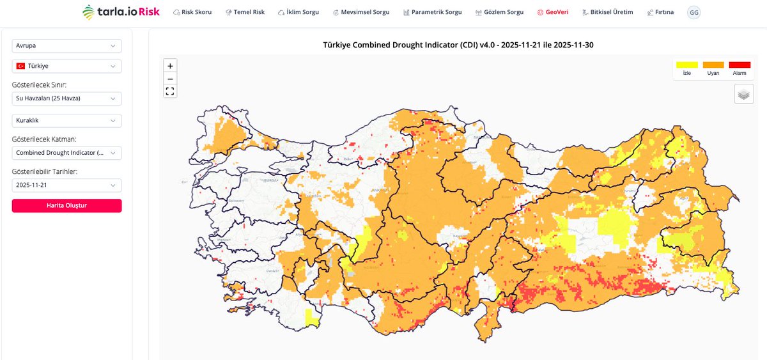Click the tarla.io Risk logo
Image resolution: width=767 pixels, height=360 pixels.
pos(121,12)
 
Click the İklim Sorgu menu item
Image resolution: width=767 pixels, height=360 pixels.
pos(298,12)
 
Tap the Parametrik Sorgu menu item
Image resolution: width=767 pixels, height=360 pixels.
pos(433,12)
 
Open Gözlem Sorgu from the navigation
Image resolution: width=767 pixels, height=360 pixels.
pos(500,12)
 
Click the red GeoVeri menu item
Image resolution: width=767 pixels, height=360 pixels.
pos(553,12)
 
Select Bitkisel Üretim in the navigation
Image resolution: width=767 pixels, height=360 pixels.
pos(608,12)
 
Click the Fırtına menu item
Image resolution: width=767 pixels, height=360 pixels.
pos(660,12)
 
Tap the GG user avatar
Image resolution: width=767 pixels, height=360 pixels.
pos(693,12)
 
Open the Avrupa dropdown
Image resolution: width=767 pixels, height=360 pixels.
pos(66,46)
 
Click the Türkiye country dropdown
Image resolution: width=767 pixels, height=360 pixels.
pos(66,66)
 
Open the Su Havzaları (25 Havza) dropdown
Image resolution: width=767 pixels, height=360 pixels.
pos(66,98)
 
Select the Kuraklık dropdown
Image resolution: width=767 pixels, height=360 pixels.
pos(66,120)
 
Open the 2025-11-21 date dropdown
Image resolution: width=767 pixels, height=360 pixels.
pos(66,185)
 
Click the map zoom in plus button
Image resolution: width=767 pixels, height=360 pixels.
pos(170,66)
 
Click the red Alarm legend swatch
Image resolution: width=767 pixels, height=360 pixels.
pos(740,65)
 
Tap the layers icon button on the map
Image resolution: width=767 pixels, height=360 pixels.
pos(743,94)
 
